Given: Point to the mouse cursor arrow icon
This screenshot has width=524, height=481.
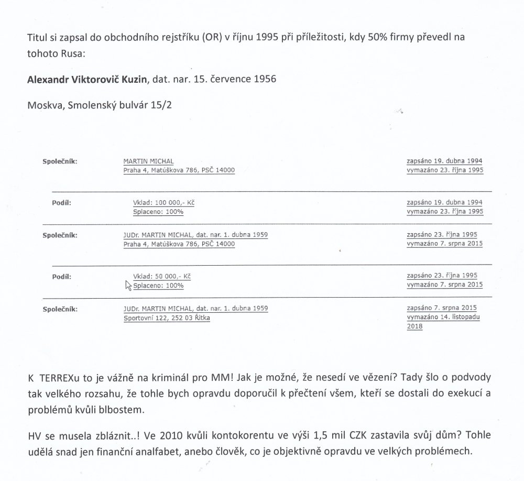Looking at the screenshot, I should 128,285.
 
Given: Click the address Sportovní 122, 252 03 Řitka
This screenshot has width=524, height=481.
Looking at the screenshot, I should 166,318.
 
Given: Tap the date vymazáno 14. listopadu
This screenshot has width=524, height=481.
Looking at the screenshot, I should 445,318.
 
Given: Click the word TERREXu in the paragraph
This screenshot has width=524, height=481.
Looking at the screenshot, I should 61,378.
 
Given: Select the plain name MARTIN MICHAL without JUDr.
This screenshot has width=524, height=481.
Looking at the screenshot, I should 148,161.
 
